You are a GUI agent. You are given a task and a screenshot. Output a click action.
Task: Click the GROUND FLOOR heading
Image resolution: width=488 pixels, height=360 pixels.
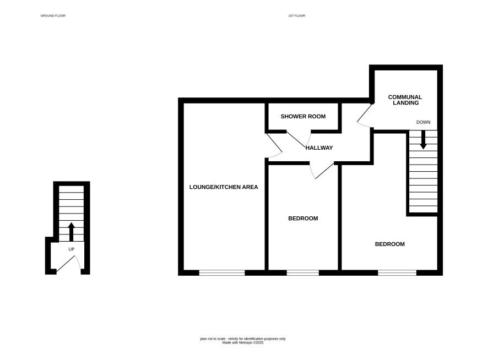point(53,15)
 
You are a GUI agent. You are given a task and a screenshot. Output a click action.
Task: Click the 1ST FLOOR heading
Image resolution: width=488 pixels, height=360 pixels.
point(296,15)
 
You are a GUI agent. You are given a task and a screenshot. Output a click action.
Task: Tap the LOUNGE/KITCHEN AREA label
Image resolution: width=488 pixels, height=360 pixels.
point(224,187)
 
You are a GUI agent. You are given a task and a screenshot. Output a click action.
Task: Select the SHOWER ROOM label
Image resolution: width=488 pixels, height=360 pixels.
point(303,116)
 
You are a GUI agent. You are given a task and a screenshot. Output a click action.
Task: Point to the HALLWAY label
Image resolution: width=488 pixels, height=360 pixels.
point(319,148)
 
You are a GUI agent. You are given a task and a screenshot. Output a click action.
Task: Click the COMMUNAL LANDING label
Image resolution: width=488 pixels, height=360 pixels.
point(405,100)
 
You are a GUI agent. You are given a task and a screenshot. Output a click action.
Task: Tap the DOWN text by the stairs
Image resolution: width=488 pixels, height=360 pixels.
point(423,122)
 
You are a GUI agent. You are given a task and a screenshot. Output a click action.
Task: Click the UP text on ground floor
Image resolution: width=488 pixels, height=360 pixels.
point(71,249)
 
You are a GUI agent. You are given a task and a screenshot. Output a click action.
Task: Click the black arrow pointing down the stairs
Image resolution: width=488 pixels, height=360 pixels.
point(423,139)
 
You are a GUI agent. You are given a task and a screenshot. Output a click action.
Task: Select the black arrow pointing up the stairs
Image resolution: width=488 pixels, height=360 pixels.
point(71,232)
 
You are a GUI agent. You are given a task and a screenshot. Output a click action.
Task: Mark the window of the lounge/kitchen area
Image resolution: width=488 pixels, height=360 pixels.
point(222,273)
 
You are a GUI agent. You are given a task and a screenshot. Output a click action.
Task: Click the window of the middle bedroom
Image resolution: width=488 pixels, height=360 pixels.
point(303,273)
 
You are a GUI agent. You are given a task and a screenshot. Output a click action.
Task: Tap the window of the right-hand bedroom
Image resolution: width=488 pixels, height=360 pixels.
point(397,273)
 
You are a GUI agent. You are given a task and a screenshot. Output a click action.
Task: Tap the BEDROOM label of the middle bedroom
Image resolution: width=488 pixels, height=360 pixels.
point(303,219)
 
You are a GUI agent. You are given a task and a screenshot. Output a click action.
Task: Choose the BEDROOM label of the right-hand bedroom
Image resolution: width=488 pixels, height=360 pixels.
point(389,244)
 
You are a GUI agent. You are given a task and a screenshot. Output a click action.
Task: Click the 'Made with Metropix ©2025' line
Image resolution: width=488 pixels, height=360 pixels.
point(243,342)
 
